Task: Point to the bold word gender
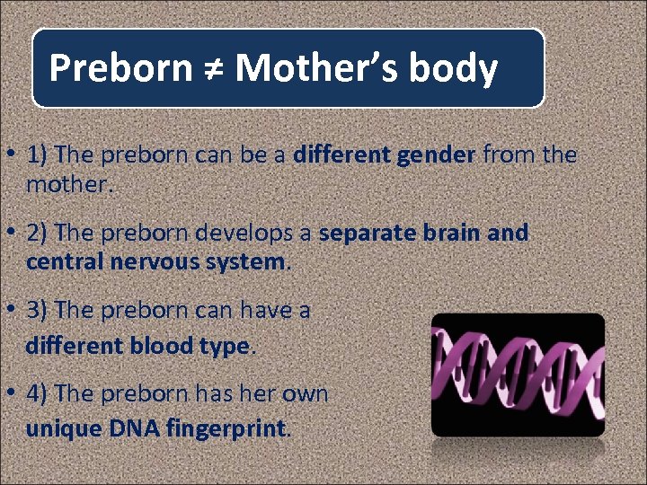pyautogui.click(x=432, y=155)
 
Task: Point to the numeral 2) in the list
pyautogui.click(x=38, y=233)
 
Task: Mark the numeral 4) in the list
pyautogui.click(x=38, y=393)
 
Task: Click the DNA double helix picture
pyautogui.click(x=517, y=375)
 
